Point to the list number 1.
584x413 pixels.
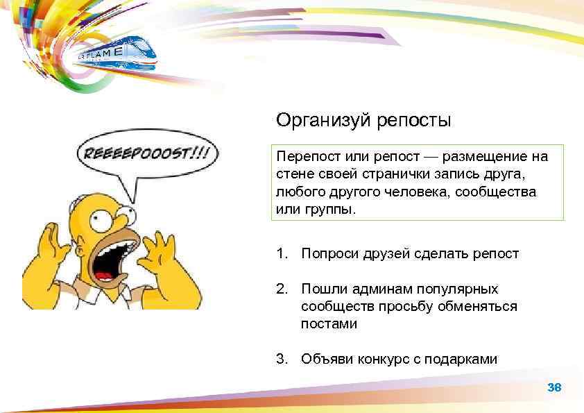click(x=280, y=253)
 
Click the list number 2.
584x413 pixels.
click(x=280, y=288)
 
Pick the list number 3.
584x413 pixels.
click(x=280, y=359)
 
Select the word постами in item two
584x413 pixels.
click(x=329, y=324)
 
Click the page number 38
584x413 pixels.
click(x=554, y=387)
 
